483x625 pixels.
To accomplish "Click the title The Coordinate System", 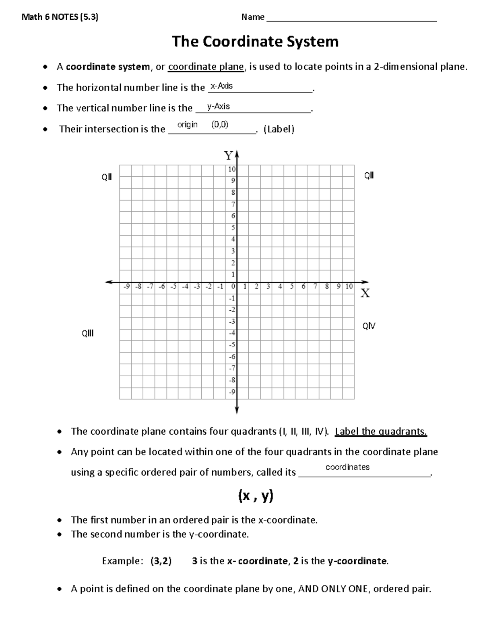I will (x=255, y=41).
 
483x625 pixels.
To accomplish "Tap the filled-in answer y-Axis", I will (x=218, y=106).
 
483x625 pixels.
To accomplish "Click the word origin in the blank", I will (x=188, y=125).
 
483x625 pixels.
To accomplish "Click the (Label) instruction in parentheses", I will (x=279, y=129).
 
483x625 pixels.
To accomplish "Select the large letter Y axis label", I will (x=229, y=156).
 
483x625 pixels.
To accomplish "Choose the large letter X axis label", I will (x=365, y=293).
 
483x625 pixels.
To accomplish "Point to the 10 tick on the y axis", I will (x=232, y=169).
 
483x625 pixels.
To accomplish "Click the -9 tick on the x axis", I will (x=126, y=287).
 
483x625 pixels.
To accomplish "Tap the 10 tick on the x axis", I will (x=349, y=287).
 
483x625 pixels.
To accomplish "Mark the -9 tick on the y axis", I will (x=232, y=392).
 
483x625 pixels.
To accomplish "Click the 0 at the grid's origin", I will (x=233, y=287).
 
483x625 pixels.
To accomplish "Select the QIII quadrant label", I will (x=88, y=333).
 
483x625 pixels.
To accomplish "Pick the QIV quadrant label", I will (x=369, y=326).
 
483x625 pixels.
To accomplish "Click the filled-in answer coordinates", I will (x=347, y=467).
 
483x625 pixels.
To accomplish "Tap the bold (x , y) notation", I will (x=256, y=496).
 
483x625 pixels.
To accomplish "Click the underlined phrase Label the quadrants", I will (x=381, y=431).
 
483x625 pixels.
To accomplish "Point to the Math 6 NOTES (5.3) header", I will (x=60, y=17).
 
